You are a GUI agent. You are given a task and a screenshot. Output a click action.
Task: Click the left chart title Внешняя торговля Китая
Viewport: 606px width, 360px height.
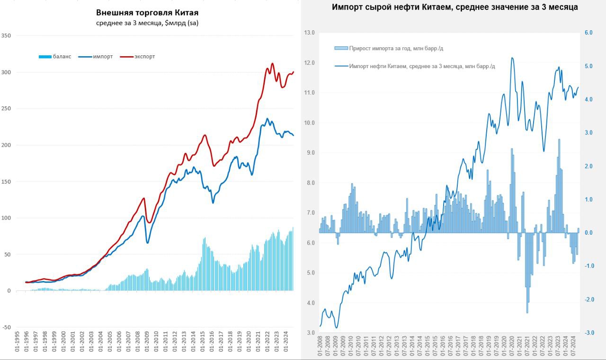147,13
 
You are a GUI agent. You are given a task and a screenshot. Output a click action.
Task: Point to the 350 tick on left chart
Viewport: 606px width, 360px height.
7,35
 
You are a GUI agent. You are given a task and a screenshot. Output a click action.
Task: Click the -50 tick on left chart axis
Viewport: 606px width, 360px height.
7,327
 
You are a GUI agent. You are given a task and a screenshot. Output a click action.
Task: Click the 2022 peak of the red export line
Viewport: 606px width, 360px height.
272,63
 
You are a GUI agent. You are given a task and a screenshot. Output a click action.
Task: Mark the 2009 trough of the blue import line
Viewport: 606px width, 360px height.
148,243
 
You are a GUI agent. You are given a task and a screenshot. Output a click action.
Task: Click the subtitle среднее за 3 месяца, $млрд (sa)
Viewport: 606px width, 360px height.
147,23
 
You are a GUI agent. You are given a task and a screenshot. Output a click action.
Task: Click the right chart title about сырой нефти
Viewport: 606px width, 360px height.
454,7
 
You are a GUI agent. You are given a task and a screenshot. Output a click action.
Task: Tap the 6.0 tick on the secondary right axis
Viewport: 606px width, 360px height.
589,33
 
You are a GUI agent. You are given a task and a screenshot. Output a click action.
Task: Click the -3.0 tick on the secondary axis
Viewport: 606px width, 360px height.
588,333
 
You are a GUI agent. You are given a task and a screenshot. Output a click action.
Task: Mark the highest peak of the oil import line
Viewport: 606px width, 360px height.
512,58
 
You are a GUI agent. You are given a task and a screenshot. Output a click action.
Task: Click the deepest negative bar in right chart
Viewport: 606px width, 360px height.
527,312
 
